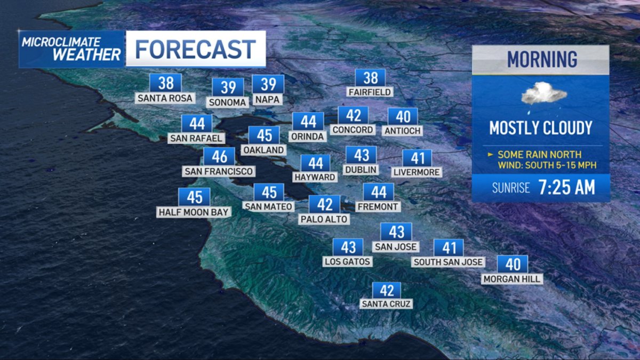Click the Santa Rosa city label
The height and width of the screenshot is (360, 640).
[165, 98]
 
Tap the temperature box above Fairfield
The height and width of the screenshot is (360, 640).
[370, 78]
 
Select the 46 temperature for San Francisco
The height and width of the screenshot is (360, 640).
[219, 156]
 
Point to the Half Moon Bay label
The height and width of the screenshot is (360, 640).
[194, 212]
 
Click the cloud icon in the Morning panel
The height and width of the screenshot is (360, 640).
[543, 94]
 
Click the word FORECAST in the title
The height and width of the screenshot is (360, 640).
[195, 50]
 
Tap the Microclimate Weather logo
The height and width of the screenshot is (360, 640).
[71, 49]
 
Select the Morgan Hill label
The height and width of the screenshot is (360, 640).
[512, 278]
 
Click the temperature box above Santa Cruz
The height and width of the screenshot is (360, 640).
[386, 290]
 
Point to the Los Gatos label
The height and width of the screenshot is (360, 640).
[348, 261]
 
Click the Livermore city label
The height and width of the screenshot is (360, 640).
[417, 172]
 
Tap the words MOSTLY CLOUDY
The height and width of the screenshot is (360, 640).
[541, 128]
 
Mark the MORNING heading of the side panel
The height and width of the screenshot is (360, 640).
[541, 59]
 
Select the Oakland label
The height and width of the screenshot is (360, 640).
[263, 150]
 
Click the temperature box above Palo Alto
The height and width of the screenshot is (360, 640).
[324, 204]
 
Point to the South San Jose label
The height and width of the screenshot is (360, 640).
[448, 262]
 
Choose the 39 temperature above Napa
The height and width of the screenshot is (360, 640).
[268, 84]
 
